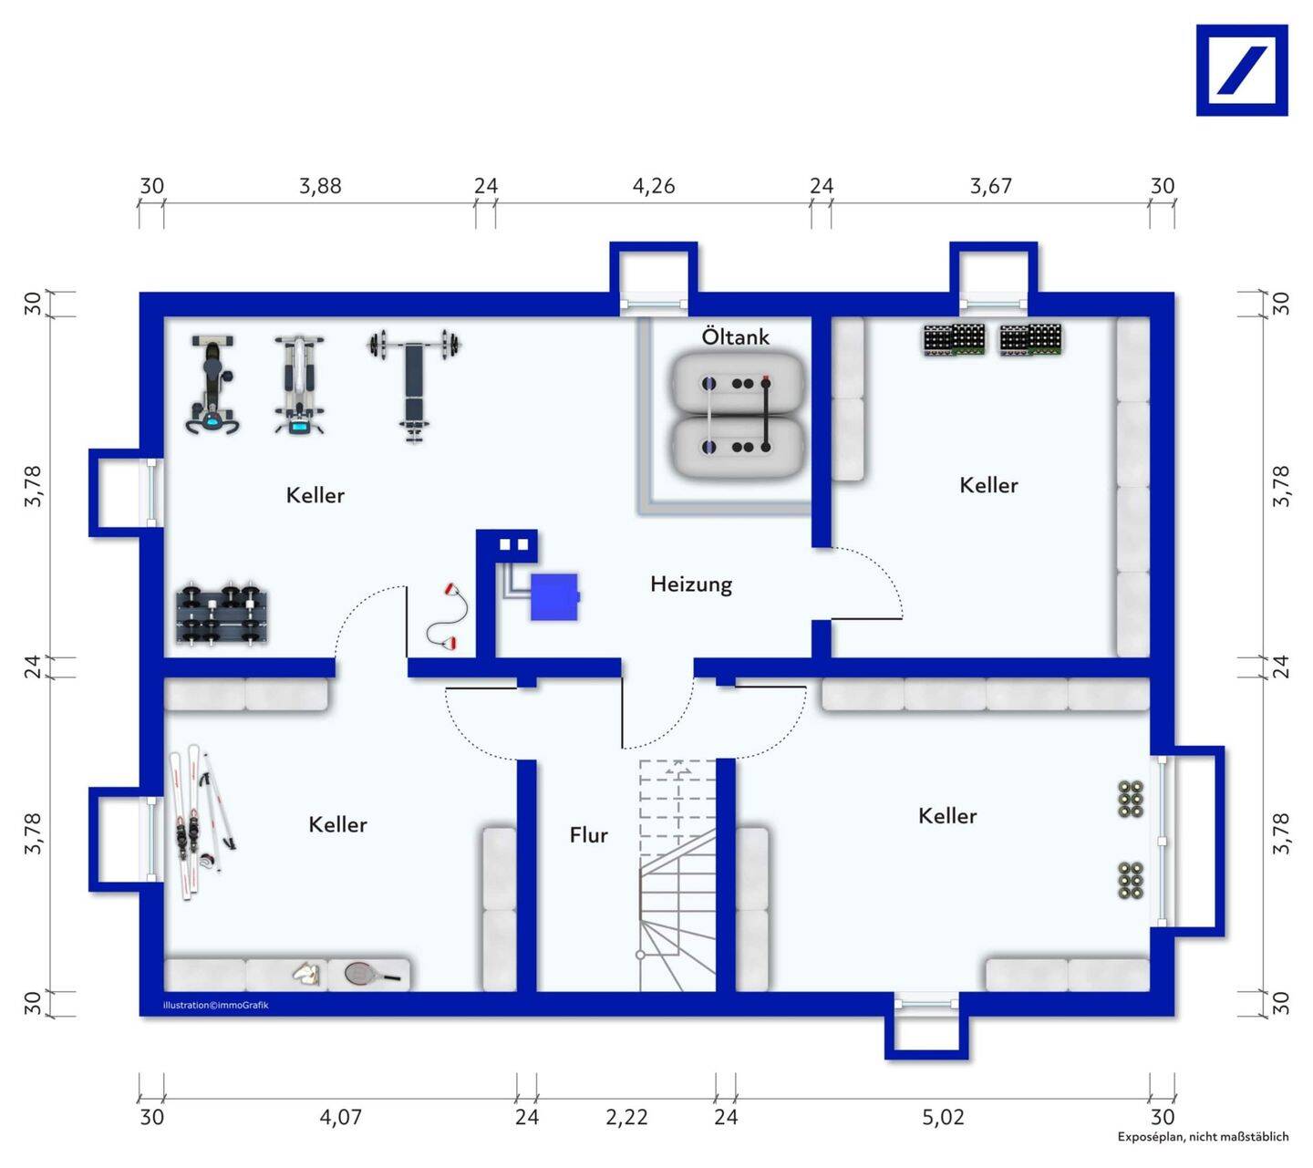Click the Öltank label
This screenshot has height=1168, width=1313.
pos(735,336)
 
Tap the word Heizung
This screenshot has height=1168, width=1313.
pos(691,584)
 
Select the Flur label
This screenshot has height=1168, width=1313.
pos(588,835)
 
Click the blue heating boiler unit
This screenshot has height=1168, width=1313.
pos(554,596)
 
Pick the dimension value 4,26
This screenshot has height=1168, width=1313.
pos(653,186)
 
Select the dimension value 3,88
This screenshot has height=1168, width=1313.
pos(320,186)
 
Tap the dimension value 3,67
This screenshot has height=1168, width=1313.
pos(990,186)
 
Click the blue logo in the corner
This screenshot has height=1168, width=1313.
pos(1242,70)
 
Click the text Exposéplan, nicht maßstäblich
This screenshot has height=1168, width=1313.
pos(1203,1136)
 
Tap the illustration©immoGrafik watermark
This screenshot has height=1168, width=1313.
pos(215,1005)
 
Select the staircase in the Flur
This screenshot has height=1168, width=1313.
pos(677,875)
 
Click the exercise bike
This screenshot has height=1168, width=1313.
pos(212,384)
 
